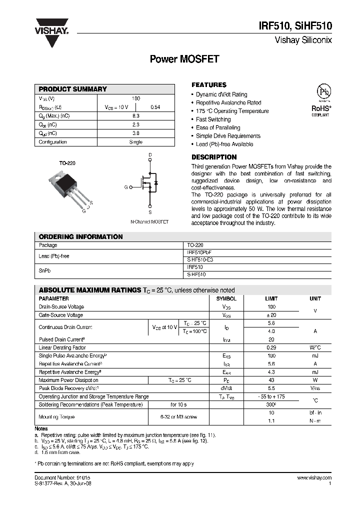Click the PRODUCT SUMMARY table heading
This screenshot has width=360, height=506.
(x=73, y=89)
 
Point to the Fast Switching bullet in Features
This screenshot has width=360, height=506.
(x=213, y=119)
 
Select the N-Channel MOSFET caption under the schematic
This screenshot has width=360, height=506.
(x=149, y=221)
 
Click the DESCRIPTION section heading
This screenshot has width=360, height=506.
(x=214, y=157)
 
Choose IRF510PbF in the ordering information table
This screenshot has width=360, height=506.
(x=198, y=253)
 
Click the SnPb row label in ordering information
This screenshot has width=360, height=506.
(x=44, y=270)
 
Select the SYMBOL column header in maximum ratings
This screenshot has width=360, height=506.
(x=226, y=298)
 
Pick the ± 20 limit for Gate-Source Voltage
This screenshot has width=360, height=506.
(x=271, y=315)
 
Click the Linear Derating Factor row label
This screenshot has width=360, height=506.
(x=62, y=347)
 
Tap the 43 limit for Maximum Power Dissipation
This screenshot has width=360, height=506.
(x=271, y=380)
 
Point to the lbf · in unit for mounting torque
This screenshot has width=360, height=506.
(x=315, y=412)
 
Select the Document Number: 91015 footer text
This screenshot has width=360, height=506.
(x=62, y=478)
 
